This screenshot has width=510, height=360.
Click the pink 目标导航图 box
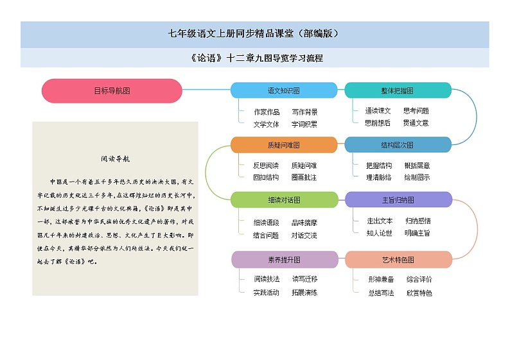(x=112, y=90)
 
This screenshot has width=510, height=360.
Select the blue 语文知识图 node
(x=283, y=90)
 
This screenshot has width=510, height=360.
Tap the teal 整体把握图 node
(x=398, y=90)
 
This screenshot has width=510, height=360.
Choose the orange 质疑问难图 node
(x=283, y=145)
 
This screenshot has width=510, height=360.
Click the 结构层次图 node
(x=398, y=145)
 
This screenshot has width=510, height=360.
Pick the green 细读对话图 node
(x=283, y=200)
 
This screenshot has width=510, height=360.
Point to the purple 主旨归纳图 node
(x=398, y=200)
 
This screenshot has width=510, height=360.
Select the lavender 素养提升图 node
(x=284, y=259)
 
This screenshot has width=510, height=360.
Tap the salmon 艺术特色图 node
(x=398, y=259)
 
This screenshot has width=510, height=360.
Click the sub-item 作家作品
(x=267, y=112)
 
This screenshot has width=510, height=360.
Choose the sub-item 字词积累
(x=304, y=124)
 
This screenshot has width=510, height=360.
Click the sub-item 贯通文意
(x=416, y=123)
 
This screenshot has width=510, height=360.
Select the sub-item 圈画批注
(x=304, y=177)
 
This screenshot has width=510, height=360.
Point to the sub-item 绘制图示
(x=417, y=177)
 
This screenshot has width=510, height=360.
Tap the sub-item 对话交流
(x=304, y=236)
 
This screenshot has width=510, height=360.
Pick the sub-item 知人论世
(x=380, y=233)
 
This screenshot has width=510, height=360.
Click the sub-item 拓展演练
(x=304, y=293)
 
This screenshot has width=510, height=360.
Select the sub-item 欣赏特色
(x=419, y=293)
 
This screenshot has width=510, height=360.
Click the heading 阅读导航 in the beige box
(x=116, y=159)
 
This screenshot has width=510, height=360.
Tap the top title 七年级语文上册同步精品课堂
(x=254, y=34)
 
